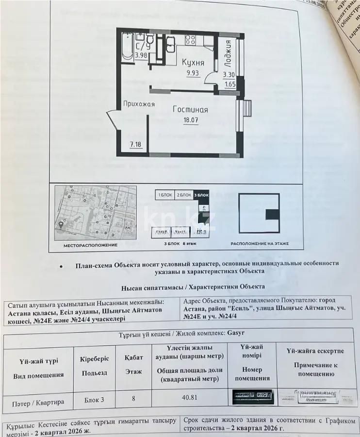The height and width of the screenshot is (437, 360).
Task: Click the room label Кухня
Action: (193, 63)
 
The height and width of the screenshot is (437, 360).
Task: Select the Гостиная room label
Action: (190, 109)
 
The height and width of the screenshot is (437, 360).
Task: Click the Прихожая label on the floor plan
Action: (139, 103)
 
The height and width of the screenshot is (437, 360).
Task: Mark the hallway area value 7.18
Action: (135, 144)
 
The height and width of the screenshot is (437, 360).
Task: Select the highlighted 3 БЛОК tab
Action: (201, 195)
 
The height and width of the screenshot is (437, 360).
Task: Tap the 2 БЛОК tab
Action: (183, 195)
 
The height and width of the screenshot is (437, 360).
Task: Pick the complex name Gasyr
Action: (236, 334)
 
